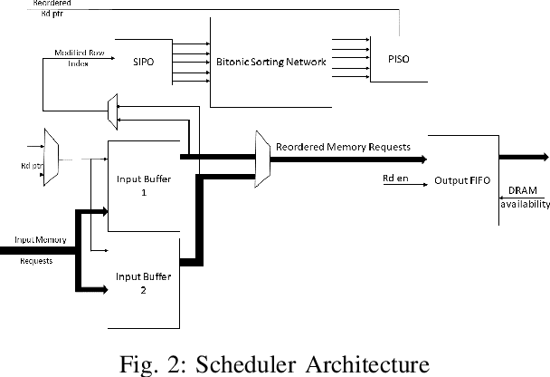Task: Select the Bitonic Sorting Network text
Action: tap(269, 63)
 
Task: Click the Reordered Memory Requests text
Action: tap(344, 147)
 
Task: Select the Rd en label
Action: tap(396, 178)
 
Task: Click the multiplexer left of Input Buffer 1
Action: tap(52, 157)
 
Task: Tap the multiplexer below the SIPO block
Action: tap(112, 110)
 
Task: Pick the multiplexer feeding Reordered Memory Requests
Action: tap(263, 158)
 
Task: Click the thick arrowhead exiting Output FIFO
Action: tap(541, 158)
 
